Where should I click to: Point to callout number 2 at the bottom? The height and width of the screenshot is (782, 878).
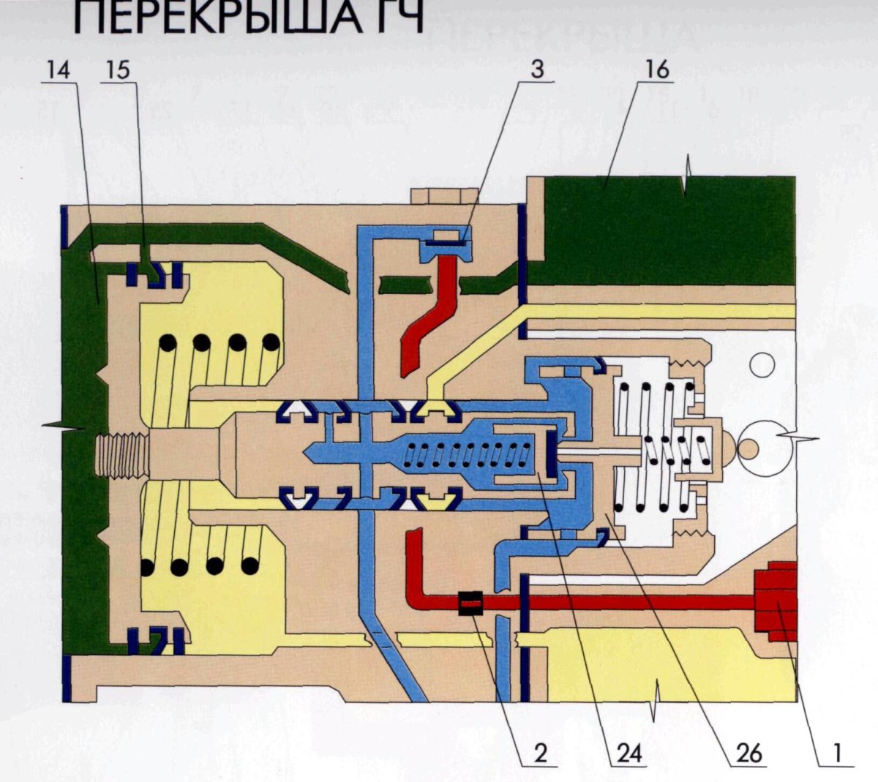tap(540, 753)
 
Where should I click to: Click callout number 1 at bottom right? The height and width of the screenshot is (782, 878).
tap(833, 753)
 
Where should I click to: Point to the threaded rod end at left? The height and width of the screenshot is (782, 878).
tap(121, 454)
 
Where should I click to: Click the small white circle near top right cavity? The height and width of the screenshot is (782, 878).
tap(762, 364)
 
